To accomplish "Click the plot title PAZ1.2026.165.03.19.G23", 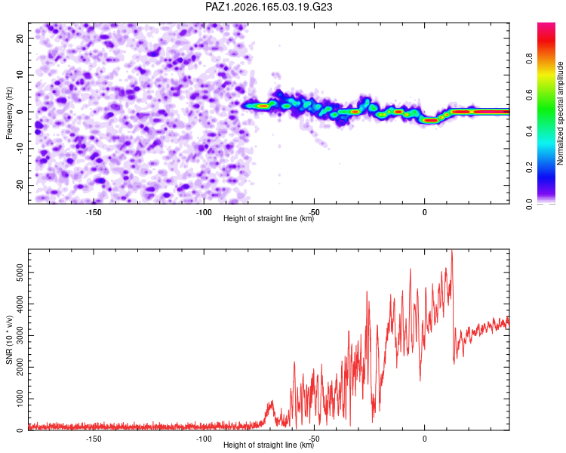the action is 269,7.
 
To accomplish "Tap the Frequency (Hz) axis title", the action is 9,113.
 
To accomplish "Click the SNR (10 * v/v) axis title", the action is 9,340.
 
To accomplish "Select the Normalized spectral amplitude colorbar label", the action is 560,113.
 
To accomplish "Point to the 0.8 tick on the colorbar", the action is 530,58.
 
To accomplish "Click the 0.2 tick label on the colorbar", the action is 530,168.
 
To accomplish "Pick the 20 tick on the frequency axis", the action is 20,38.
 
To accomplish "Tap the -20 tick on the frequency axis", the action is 20,185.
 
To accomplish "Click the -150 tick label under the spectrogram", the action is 94,212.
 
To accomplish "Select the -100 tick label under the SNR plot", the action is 204,439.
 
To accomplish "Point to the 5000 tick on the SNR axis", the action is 20,273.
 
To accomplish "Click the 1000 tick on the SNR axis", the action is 20,399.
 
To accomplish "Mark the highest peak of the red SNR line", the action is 451,250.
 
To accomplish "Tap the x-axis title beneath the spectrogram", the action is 269,218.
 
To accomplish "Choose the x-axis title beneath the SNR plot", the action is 269,445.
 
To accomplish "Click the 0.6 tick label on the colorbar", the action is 530,94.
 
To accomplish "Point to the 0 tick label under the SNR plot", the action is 424,439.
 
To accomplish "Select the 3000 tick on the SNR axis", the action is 20,335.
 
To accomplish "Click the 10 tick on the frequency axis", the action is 20,75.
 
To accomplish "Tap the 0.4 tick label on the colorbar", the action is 530,131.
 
